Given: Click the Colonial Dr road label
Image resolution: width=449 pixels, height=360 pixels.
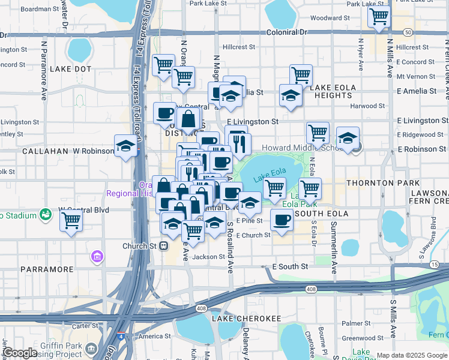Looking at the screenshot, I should (x=287, y=31).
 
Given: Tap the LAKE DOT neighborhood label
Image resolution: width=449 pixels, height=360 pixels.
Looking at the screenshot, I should (x=71, y=69).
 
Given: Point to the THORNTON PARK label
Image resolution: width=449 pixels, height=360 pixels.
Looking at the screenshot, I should (x=394, y=182).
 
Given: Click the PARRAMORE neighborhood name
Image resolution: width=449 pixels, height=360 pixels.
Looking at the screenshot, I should (x=46, y=269).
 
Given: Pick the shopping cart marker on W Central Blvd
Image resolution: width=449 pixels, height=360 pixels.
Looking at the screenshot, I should (x=71, y=220).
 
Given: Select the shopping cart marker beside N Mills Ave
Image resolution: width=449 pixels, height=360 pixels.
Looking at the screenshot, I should (x=379, y=17).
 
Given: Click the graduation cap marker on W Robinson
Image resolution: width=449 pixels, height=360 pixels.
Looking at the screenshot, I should (x=126, y=146).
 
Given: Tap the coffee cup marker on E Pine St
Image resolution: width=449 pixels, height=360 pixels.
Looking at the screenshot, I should (x=281, y=219).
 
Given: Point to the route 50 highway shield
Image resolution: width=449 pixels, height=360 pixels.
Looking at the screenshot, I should (x=408, y=32).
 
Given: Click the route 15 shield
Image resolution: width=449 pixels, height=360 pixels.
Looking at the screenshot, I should (x=434, y=264).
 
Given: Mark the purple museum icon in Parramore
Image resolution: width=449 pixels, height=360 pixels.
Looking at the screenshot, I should (x=96, y=257).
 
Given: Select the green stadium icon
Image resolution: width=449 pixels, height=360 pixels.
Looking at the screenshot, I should (x=44, y=214).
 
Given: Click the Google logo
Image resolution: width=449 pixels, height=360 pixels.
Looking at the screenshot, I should (x=20, y=353).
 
